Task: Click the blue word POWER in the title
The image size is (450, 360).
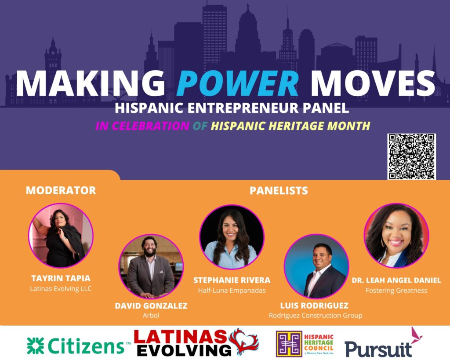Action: [x=238, y=83]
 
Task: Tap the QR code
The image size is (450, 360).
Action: [x=411, y=156]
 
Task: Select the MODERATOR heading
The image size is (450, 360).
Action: [x=61, y=190]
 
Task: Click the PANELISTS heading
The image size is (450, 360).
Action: [x=279, y=190]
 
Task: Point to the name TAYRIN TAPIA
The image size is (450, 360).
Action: [x=61, y=278]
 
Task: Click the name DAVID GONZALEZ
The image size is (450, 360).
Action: [x=151, y=306]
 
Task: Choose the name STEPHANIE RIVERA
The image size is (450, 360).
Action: [x=232, y=280]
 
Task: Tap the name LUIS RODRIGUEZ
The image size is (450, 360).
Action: [x=314, y=305]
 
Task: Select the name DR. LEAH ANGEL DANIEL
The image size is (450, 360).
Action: [x=396, y=280]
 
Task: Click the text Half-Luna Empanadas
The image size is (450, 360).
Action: [x=232, y=291]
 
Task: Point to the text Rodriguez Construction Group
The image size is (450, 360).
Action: [x=316, y=316]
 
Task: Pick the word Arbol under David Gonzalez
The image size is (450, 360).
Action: [x=151, y=316]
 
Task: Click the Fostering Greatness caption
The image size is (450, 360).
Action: [x=396, y=291]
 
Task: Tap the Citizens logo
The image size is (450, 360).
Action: [x=78, y=345]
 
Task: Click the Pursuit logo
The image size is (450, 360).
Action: [x=383, y=343]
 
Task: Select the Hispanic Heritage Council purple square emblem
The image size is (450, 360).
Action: [x=289, y=344]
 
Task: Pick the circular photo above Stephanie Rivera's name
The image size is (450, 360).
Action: [x=232, y=237]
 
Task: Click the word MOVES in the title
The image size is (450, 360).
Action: [x=373, y=83]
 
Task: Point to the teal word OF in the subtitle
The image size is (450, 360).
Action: [x=200, y=126]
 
